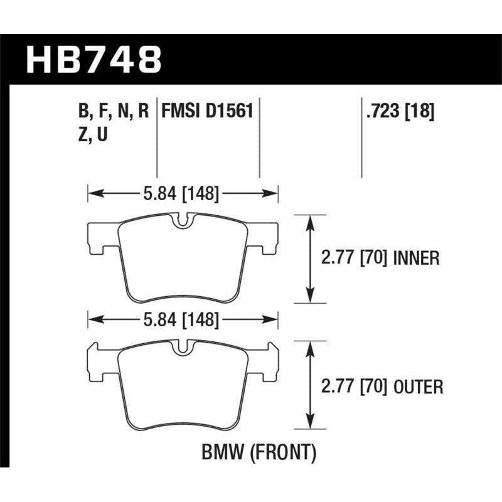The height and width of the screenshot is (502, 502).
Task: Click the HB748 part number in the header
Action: tap(94, 60)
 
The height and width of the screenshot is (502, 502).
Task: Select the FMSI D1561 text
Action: tap(207, 112)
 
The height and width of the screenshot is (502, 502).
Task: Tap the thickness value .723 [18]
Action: tap(398, 112)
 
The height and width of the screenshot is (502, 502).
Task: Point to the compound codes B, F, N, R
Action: tap(113, 112)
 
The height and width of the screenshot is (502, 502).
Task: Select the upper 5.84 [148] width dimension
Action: tap(182, 195)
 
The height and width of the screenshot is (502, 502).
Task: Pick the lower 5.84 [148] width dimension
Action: tap(182, 321)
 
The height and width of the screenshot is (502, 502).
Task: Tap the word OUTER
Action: tap(419, 387)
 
